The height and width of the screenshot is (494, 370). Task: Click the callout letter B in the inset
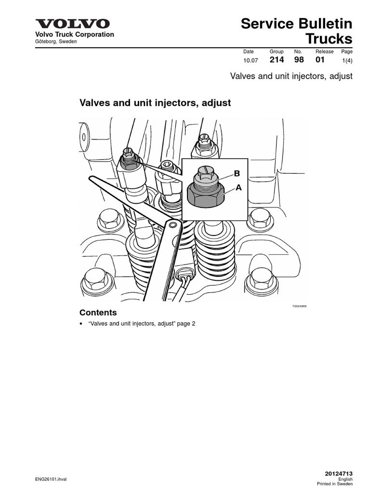coord(237,173)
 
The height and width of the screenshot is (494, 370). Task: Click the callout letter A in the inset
coord(238,188)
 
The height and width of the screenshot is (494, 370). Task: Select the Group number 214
coord(277,60)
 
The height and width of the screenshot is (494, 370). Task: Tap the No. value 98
coord(299,60)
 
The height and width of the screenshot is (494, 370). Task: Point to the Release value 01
coord(320,60)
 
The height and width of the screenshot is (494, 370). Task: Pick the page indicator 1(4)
coord(347,61)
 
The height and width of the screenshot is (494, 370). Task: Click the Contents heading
coord(98,313)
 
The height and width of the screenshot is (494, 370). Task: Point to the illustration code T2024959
coord(299,306)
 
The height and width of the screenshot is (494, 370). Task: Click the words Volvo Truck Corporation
coord(73,34)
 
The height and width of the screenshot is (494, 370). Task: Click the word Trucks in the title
coord(330,39)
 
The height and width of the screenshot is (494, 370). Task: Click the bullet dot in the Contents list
coord(81,324)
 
